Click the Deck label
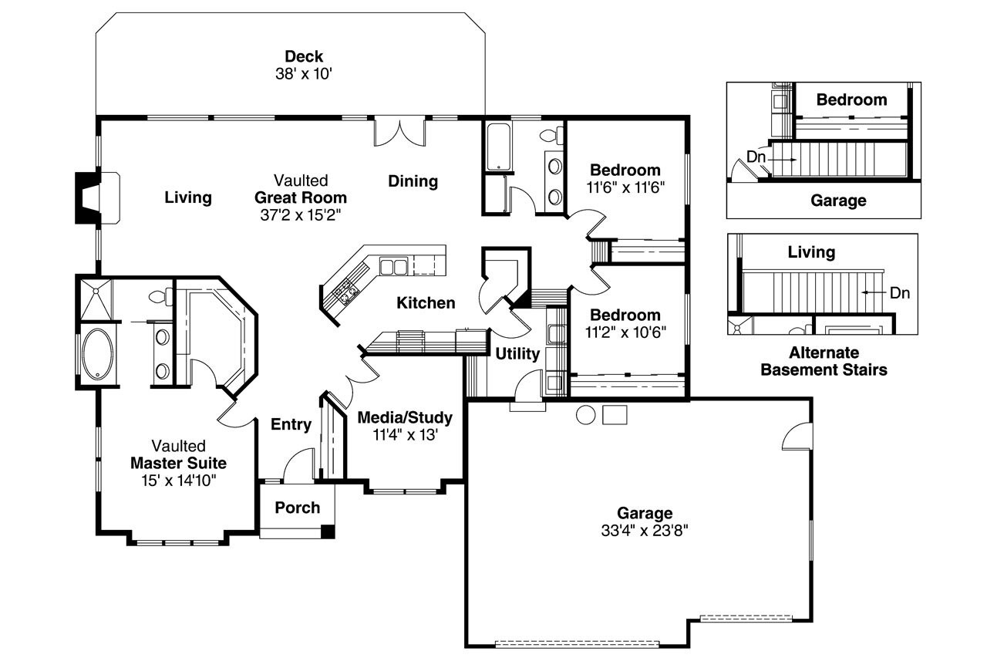pos(304,56)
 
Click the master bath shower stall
pos(96,298)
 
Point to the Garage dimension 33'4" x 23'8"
pos(645,530)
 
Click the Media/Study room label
pos(405,417)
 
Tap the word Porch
pos(297,507)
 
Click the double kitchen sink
pos(394,267)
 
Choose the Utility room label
pos(517,355)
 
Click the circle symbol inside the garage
pos(586,414)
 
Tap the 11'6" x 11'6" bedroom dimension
pos(625,187)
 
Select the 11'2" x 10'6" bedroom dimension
pos(625,332)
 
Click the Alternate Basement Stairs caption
pos(824,361)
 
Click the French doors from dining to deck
pos(399,131)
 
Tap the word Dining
pos(413,181)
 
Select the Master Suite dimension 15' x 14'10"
pos(178,481)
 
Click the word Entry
pos(291,424)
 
